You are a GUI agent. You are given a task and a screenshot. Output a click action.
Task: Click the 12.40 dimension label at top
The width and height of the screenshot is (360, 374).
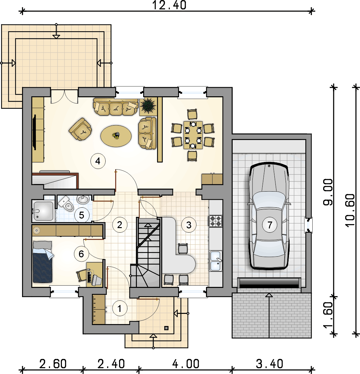tap(169, 5)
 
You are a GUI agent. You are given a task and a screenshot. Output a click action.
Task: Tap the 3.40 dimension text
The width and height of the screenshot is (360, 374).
tap(270, 364)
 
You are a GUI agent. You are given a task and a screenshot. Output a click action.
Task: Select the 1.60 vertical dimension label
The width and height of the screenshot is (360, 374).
tap(328, 315)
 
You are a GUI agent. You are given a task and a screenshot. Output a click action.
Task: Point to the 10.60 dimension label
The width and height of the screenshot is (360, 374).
tap(350, 210)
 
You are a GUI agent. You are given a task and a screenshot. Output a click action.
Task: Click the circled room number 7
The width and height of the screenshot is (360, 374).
tap(270, 225)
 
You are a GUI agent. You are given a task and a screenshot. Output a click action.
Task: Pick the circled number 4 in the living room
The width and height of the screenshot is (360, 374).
tap(98, 161)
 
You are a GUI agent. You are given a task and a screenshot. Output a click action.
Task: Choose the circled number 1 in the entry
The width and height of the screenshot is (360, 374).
tap(120, 309)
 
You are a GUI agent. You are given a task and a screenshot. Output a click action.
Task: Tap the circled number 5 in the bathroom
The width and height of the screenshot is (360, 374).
tap(82, 215)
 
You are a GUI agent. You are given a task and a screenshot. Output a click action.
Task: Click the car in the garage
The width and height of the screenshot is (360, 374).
tap(269, 216)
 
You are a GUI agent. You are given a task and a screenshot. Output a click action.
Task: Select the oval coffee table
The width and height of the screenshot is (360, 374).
tap(116, 136)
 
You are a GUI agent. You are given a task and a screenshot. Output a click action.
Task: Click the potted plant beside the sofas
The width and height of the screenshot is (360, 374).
tap(148, 106)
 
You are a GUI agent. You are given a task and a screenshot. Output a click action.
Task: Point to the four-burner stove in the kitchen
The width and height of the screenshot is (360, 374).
tap(216, 221)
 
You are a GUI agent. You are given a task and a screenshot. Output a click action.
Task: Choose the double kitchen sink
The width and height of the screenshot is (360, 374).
tap(216, 261)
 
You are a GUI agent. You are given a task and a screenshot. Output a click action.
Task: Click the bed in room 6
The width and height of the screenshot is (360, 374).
tap(43, 262)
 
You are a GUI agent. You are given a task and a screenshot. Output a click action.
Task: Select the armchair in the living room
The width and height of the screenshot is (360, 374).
tap(81, 129)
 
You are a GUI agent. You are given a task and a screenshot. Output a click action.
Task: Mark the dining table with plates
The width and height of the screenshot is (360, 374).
tap(193, 135)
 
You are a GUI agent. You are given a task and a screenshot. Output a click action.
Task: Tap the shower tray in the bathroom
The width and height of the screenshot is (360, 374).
tap(43, 211)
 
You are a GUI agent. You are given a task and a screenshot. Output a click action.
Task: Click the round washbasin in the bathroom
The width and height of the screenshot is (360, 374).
tap(83, 199)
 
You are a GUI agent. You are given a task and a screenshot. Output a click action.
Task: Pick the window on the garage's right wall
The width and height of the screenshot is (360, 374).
tap(308, 225)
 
